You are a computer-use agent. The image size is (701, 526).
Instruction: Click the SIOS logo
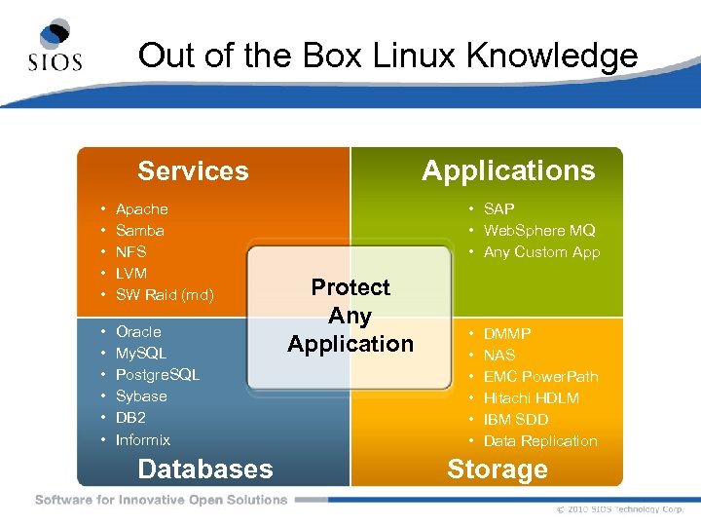coord(56,46)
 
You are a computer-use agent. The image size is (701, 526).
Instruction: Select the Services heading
coord(193,171)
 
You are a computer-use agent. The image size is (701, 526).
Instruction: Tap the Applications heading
coord(507,170)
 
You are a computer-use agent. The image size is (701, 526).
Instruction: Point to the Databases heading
coord(205,469)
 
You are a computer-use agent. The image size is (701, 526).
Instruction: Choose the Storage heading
coord(497,470)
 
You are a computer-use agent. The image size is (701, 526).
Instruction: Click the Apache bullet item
coord(141,209)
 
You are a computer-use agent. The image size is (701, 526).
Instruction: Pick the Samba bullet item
coord(139,231)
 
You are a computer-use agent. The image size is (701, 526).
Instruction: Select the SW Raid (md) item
coord(164,295)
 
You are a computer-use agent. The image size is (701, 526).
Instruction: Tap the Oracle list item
coord(138,332)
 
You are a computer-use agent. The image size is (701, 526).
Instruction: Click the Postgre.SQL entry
coord(157,375)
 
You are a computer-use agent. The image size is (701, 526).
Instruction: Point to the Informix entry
coord(142,440)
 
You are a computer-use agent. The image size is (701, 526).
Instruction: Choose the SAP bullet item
coord(498,209)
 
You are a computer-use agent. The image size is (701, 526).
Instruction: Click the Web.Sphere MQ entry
coord(538,231)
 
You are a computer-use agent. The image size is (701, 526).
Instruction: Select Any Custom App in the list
coord(541,252)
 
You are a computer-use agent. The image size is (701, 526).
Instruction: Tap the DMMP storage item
coord(506,334)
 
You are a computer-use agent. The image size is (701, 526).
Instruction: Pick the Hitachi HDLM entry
coord(531,398)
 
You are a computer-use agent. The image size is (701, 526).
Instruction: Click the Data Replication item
coord(540,441)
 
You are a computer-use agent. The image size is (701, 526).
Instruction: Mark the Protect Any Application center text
coord(350,316)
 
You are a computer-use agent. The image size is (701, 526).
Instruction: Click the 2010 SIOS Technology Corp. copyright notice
coord(620,509)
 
